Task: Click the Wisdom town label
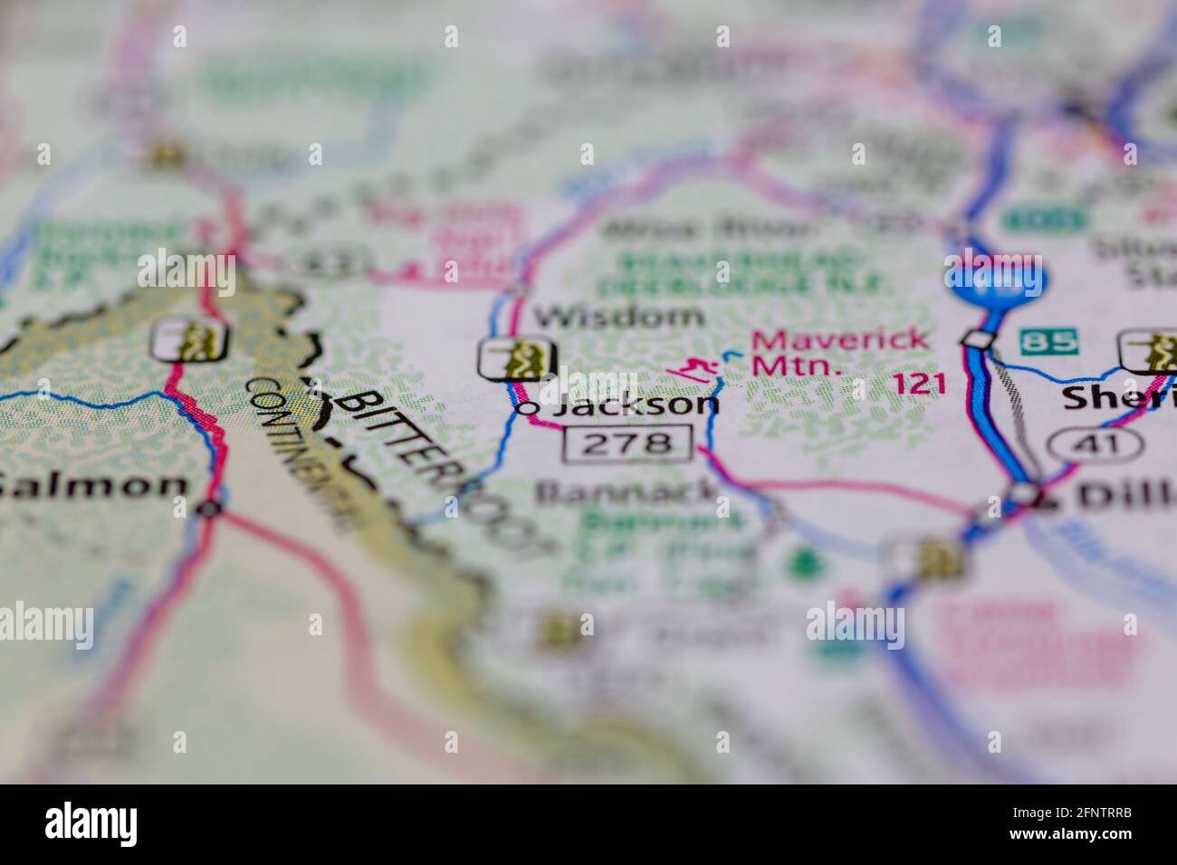[617, 316]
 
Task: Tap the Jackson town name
[636, 404]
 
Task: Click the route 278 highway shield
[627, 442]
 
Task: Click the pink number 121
[919, 384]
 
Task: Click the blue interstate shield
[994, 278]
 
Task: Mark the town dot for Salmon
[211, 509]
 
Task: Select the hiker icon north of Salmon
[191, 340]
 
